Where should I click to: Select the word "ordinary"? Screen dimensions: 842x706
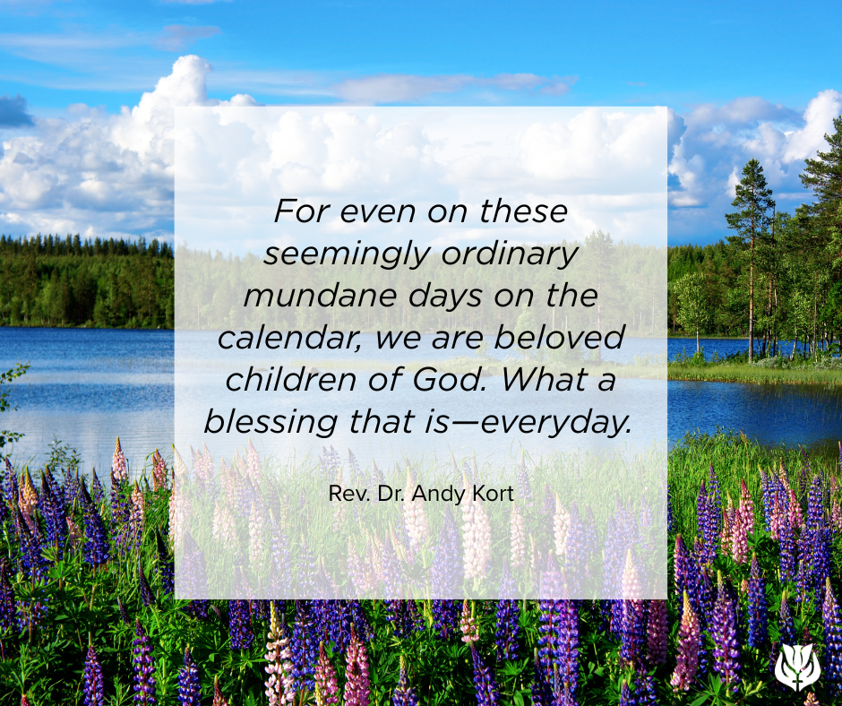click(x=510, y=254)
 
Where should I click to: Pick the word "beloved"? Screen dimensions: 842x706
click(x=559, y=338)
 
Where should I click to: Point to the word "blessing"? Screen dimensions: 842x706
click(x=271, y=422)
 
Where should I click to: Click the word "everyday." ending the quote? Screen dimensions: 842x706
click(x=556, y=423)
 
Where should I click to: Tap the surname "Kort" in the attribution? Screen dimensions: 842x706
click(x=493, y=494)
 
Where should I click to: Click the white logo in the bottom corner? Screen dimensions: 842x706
click(x=798, y=667)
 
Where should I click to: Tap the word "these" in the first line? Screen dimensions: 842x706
click(x=523, y=211)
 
